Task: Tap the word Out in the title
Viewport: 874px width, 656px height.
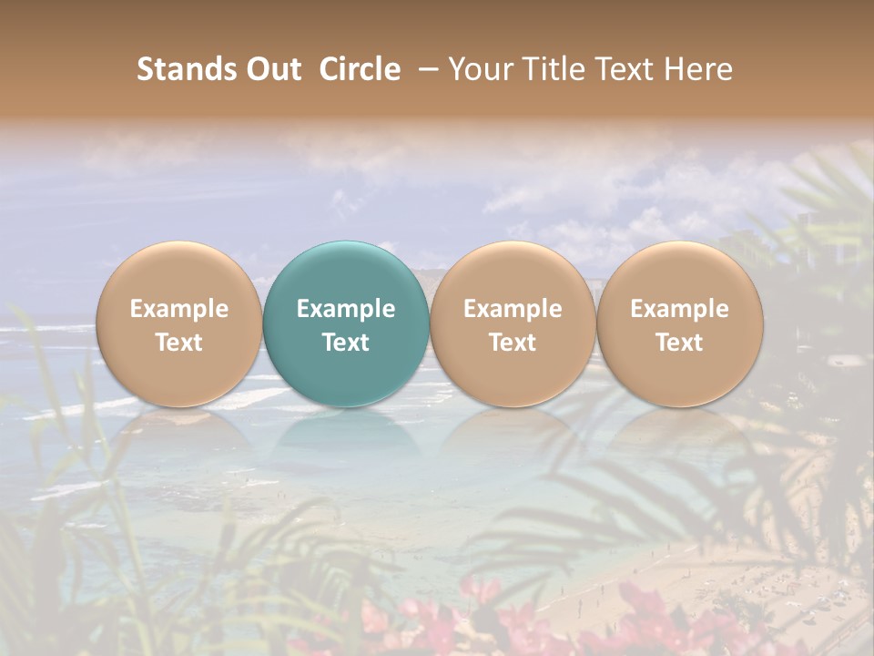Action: (271, 69)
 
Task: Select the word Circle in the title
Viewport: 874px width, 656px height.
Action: (360, 69)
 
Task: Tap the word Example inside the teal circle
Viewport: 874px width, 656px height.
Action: (346, 309)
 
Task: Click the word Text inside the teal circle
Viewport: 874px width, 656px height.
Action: (346, 343)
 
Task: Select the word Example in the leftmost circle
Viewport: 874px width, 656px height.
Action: (178, 309)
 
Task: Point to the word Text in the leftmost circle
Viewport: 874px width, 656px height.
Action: (178, 343)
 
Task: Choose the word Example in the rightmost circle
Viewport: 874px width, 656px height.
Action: (679, 309)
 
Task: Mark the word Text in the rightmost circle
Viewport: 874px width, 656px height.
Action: (679, 343)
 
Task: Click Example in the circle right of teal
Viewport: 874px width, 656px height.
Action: (513, 309)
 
